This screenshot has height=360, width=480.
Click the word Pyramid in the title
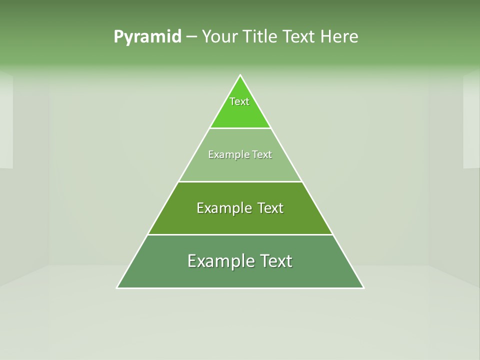click(147, 37)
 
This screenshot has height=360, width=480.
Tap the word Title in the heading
click(261, 37)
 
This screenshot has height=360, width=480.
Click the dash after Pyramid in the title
click(191, 37)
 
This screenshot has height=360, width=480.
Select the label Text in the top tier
click(239, 101)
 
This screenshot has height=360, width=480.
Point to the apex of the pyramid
click(240, 75)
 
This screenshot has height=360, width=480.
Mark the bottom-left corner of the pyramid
click(117, 287)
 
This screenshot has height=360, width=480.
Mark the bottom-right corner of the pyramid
click(363, 287)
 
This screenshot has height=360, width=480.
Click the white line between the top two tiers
click(240, 128)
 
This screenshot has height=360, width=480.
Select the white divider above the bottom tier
click(240, 234)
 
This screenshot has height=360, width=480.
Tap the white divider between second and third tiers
click(240, 181)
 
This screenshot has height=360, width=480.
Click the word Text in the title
click(299, 37)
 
